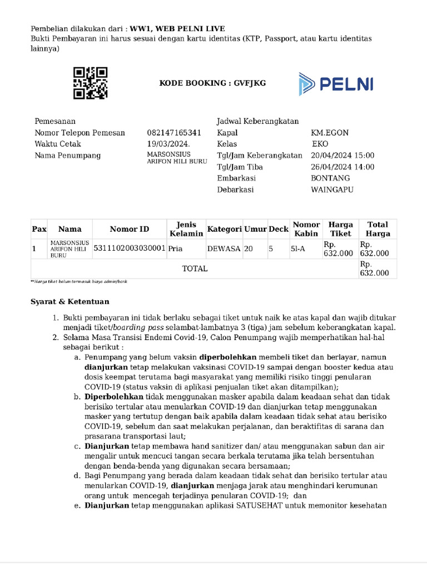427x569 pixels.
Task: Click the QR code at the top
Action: coord(90,83)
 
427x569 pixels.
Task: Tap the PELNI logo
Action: coord(336,84)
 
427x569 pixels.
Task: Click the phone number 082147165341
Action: coord(173,133)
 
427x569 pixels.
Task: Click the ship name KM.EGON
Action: coord(330,133)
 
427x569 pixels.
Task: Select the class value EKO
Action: coord(320,144)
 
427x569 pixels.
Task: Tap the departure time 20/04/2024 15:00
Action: coord(342,156)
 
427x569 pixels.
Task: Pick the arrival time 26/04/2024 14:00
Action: coord(342,167)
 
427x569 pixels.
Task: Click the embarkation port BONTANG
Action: coord(330,178)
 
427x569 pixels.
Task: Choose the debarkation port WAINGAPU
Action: coord(332,189)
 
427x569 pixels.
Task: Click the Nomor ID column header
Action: coord(130,229)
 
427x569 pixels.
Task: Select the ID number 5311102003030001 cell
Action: coord(130,249)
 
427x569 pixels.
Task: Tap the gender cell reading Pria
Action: coord(176,249)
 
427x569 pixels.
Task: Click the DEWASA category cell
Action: coord(224,249)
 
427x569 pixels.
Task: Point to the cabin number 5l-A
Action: coord(298,249)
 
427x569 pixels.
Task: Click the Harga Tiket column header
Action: coord(341,229)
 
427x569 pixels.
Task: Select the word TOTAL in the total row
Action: coord(195,268)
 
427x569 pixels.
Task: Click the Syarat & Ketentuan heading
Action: coord(69,302)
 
